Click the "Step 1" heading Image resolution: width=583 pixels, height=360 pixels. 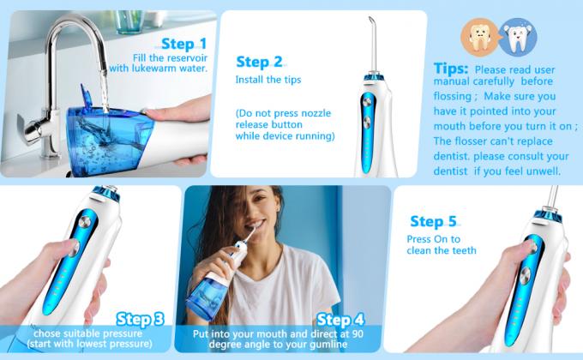point(183,44)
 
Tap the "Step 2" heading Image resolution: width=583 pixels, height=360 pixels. point(259,62)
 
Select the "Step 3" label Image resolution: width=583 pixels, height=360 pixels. point(140,319)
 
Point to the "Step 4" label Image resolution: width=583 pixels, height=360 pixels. point(340,320)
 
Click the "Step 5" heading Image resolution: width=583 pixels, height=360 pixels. point(433,221)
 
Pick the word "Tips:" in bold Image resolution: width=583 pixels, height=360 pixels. point(451,69)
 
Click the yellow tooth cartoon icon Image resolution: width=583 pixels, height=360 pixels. point(479,37)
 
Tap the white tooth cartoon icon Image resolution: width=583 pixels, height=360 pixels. point(517,37)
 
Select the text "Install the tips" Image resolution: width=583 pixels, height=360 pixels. point(268,80)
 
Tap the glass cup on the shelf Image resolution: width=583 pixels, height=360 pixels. point(129,21)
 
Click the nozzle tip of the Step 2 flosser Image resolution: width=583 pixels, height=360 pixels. point(370,17)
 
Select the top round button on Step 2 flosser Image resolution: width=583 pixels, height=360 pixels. point(367,100)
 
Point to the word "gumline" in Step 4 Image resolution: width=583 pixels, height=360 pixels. point(328,345)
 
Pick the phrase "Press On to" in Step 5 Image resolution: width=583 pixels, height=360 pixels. point(434,239)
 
